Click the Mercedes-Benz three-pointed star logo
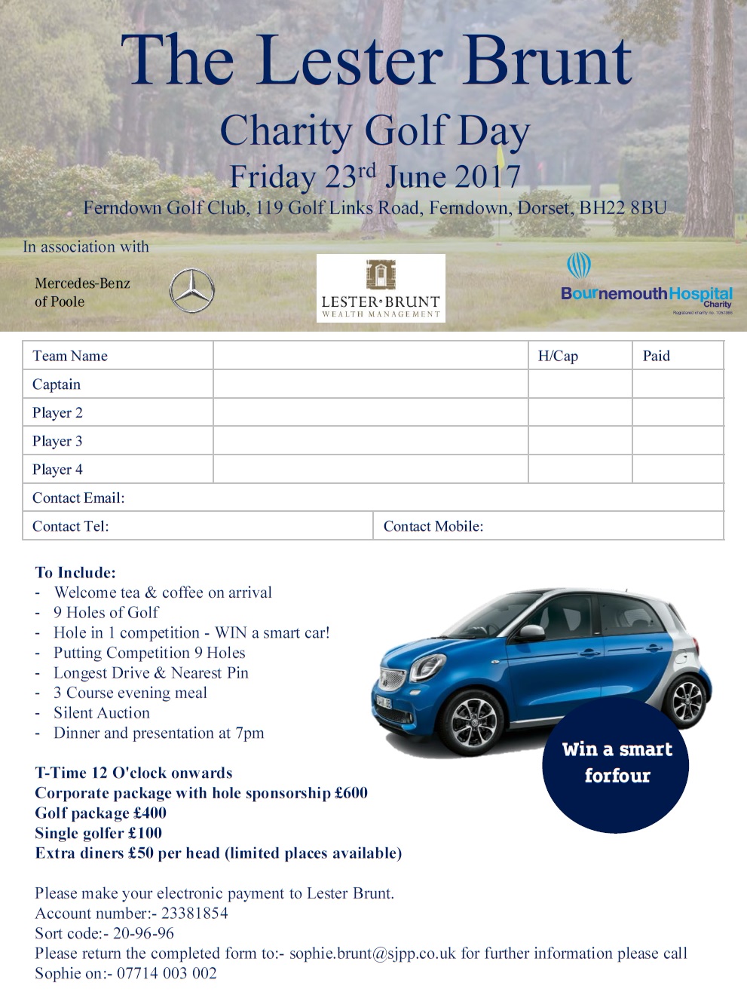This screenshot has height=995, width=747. click(x=191, y=290)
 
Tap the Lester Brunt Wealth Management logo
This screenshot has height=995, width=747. click(x=381, y=288)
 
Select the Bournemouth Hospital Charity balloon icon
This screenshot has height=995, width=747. click(x=578, y=266)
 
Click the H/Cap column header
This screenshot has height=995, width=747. click(x=558, y=356)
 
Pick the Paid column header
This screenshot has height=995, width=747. click(x=656, y=356)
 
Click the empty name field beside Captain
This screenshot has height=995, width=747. click(x=370, y=384)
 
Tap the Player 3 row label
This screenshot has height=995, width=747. click(x=57, y=441)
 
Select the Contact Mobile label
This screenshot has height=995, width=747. click(x=433, y=526)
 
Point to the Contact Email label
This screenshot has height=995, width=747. click(x=78, y=497)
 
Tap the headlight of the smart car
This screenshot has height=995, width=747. click(x=427, y=666)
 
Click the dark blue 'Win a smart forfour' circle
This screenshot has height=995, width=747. click(x=616, y=765)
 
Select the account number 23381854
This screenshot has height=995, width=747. click(x=194, y=913)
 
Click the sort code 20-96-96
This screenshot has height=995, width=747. click(x=143, y=933)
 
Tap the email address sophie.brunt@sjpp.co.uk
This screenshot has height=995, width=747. click(x=372, y=954)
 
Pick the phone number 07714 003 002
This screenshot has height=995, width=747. click(x=167, y=973)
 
